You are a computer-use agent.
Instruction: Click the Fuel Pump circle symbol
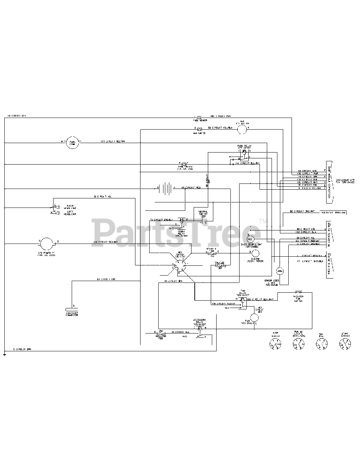(x=72, y=142)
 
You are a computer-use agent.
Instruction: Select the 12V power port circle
(x=46, y=243)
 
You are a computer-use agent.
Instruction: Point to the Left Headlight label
(x=70, y=213)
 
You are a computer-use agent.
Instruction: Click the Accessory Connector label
(x=72, y=314)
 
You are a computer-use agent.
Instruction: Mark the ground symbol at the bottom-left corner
(x=4, y=354)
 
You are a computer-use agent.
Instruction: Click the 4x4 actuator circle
(x=242, y=129)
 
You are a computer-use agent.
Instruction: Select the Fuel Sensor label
(x=200, y=120)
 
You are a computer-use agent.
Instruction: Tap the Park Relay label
(x=244, y=147)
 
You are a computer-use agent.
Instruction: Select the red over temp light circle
(x=250, y=239)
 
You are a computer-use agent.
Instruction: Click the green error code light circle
(x=280, y=271)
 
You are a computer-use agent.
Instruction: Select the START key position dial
(x=344, y=343)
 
